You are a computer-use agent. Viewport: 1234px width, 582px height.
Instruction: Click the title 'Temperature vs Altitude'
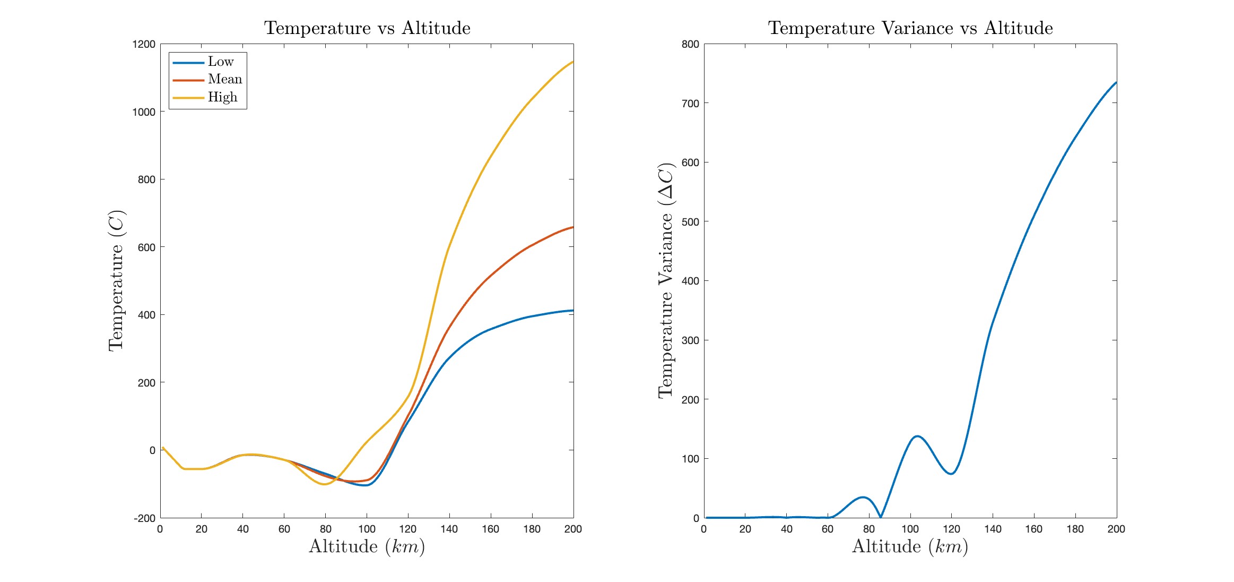367,28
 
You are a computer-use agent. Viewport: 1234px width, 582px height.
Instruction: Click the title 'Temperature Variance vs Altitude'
910,28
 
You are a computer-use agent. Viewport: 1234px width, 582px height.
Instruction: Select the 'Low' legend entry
221,62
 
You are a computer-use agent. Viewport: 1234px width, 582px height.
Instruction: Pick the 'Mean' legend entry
225,80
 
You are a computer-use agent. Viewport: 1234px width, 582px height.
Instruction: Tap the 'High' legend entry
222,97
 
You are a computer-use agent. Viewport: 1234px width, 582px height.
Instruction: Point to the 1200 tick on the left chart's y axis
144,44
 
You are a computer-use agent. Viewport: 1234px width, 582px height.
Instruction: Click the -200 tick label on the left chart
145,518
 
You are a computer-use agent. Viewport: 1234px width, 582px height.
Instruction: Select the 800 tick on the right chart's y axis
690,44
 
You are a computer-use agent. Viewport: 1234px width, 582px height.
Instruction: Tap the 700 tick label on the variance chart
690,103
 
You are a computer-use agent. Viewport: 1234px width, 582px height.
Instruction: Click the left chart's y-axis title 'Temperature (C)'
116,281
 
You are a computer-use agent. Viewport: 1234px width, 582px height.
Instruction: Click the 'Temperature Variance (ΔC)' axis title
666,281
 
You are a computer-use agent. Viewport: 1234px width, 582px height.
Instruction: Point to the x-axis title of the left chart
367,546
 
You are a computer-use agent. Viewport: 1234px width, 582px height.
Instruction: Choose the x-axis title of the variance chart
910,546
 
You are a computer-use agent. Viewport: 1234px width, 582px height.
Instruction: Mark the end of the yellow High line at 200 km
573,62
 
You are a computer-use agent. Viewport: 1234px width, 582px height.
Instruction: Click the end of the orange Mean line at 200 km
573,227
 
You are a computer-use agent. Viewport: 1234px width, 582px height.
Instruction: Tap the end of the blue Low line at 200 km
573,311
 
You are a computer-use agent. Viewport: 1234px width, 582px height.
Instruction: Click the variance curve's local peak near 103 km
917,437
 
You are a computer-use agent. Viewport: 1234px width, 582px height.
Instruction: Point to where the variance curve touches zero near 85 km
881,517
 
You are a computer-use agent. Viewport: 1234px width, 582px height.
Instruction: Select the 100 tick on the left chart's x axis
367,529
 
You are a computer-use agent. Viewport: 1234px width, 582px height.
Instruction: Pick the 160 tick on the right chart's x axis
1033,529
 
